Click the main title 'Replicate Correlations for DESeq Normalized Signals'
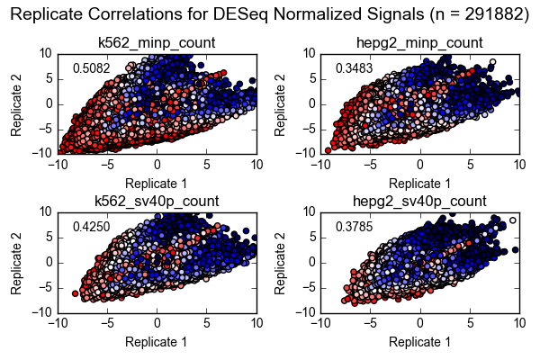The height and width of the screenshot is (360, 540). click(x=270, y=14)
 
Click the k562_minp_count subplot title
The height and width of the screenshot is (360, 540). click(x=157, y=42)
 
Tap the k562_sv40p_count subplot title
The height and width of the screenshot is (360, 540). click(x=157, y=201)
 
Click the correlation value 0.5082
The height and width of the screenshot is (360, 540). click(x=91, y=68)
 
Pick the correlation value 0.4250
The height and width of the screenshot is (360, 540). click(x=91, y=227)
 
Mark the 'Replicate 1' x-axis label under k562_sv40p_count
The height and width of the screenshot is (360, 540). click(x=157, y=342)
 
